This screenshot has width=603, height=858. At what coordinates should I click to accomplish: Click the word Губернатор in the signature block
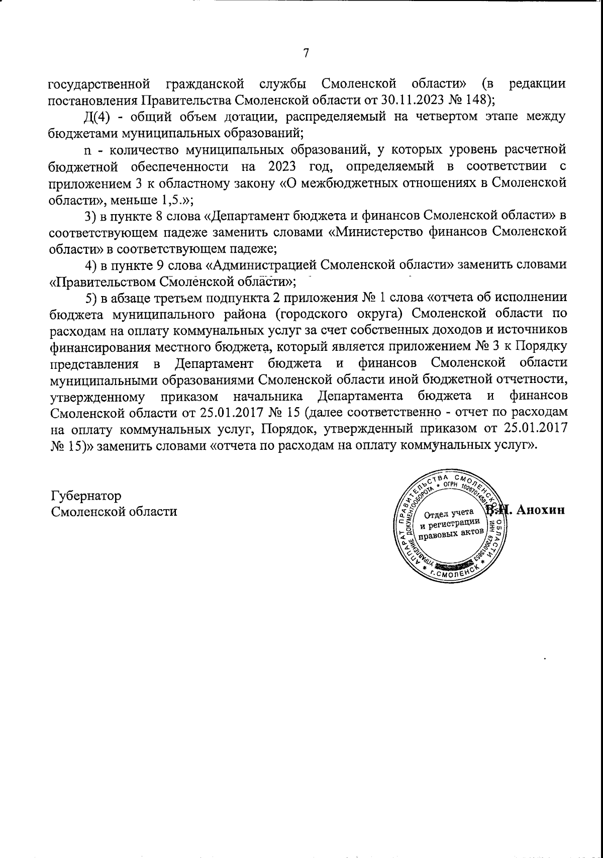(x=86, y=496)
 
